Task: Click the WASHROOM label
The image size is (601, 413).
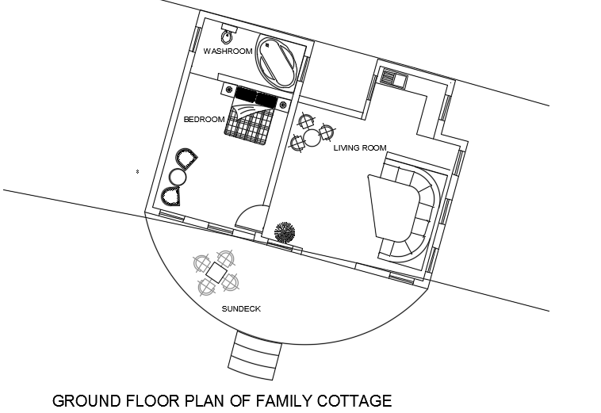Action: [x=228, y=52]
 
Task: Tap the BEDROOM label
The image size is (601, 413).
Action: [x=205, y=120]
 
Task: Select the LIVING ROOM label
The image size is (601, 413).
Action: [x=359, y=148]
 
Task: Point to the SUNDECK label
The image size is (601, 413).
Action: [x=242, y=309]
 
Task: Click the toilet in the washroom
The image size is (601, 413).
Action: [x=228, y=36]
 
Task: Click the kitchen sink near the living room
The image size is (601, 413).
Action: [x=392, y=78]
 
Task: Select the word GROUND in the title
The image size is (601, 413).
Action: [x=85, y=400]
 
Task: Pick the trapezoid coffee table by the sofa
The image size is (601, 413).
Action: [x=391, y=206]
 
